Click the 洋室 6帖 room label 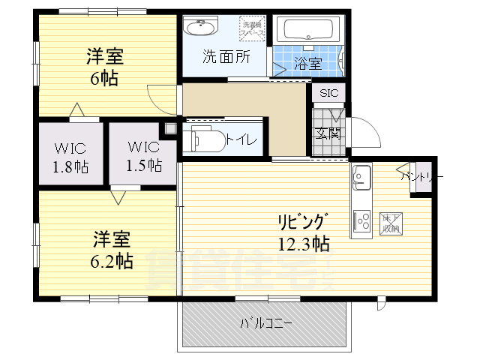click(105, 67)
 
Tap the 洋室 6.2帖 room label click(112, 250)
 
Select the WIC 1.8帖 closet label click(70, 157)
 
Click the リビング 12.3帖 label click(304, 232)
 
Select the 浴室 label click(307, 64)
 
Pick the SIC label click(330, 93)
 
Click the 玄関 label click(328, 133)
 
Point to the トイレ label click(241, 139)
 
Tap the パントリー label click(421, 177)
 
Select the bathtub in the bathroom click(309, 31)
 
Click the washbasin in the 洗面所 click(201, 30)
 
